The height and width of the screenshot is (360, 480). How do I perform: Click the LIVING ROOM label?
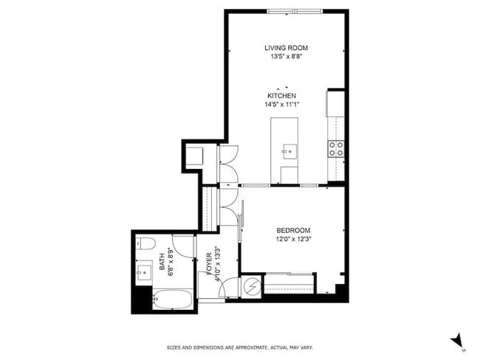(284, 49)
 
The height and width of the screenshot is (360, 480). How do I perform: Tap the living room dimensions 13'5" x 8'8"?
(284, 57)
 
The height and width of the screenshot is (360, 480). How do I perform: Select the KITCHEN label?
(282, 96)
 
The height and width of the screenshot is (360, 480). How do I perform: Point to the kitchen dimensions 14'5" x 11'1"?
(282, 104)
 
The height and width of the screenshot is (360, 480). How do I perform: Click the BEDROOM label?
(293, 230)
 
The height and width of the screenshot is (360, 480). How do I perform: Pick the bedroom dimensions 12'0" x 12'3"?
(293, 238)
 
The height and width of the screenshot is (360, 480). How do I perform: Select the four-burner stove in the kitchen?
(336, 148)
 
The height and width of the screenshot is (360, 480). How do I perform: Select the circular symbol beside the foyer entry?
(253, 285)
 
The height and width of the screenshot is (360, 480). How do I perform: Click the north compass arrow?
(457, 340)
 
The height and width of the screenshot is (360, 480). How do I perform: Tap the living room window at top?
(295, 11)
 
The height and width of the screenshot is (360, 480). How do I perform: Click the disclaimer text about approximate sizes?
(239, 347)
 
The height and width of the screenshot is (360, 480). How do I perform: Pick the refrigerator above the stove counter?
(336, 104)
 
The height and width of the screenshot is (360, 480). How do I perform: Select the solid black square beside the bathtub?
(141, 300)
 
